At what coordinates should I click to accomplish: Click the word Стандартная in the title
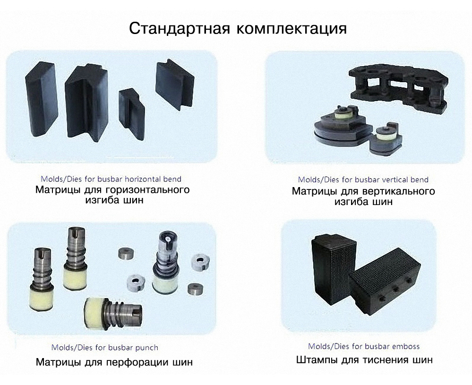(x=180, y=29)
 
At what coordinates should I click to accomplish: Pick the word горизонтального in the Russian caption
(x=148, y=190)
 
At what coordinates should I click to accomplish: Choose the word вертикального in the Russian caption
(x=399, y=191)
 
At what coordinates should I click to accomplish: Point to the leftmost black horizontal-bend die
(x=41, y=99)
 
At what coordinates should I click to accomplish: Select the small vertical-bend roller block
(x=386, y=138)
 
